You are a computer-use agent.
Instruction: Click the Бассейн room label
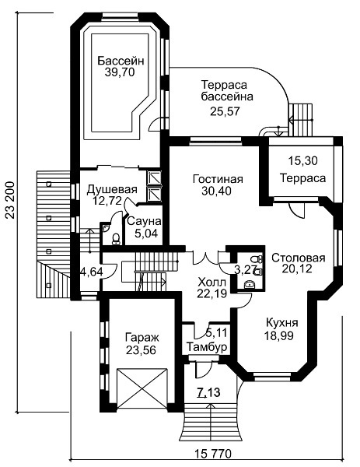pyautogui.click(x=121, y=61)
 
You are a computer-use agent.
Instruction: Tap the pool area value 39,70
pyautogui.click(x=120, y=72)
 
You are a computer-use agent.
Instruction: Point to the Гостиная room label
pyautogui.click(x=218, y=179)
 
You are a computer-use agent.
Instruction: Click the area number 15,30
pyautogui.click(x=303, y=161)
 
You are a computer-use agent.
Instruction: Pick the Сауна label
pyautogui.click(x=144, y=222)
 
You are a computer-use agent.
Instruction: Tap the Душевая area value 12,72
pyautogui.click(x=107, y=201)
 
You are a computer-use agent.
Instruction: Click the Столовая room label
pyautogui.click(x=299, y=258)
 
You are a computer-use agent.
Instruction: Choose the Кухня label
pyautogui.click(x=281, y=322)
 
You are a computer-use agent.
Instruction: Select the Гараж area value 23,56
pyautogui.click(x=141, y=350)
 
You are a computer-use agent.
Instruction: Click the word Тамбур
pyautogui.click(x=207, y=347)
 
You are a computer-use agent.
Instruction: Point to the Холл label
pyautogui.click(x=212, y=282)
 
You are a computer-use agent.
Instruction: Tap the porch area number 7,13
pyautogui.click(x=208, y=392)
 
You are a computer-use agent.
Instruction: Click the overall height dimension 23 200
pyautogui.click(x=11, y=200)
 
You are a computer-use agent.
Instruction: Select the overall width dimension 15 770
pyautogui.click(x=213, y=454)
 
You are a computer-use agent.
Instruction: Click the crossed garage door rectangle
pyautogui.click(x=142, y=388)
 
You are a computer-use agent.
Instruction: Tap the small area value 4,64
pyautogui.click(x=91, y=272)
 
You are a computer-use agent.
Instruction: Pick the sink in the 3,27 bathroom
pyautogui.click(x=248, y=285)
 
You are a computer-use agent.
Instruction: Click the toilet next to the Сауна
pyautogui.click(x=116, y=239)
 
